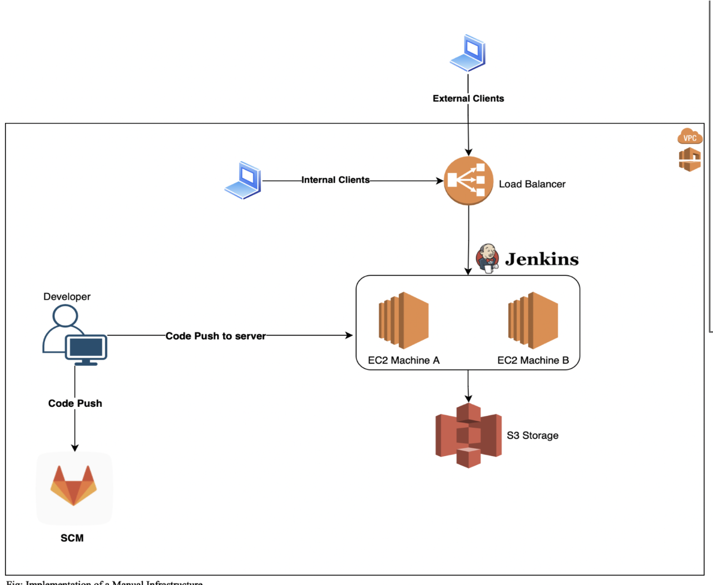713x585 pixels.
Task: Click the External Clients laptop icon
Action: point(468,53)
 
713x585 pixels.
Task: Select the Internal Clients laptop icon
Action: point(243,180)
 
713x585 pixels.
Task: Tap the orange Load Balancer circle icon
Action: point(468,181)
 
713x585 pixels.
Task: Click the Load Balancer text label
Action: point(532,184)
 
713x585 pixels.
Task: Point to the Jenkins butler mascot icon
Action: point(487,258)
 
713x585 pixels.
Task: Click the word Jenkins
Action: point(542,259)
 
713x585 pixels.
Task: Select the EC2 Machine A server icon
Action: point(403,321)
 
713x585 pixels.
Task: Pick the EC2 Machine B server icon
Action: point(533,321)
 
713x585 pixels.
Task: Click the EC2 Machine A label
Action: point(403,360)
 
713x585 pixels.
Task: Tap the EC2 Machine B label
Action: point(533,360)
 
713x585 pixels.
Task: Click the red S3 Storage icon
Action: point(468,435)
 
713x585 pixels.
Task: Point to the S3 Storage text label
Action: point(532,436)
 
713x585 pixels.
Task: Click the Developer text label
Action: point(67,297)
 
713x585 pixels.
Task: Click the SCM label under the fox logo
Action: point(72,538)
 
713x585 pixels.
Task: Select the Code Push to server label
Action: point(215,336)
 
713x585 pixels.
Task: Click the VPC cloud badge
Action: point(690,137)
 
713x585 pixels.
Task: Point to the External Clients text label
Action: point(468,98)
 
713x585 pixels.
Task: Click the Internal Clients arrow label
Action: point(335,180)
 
